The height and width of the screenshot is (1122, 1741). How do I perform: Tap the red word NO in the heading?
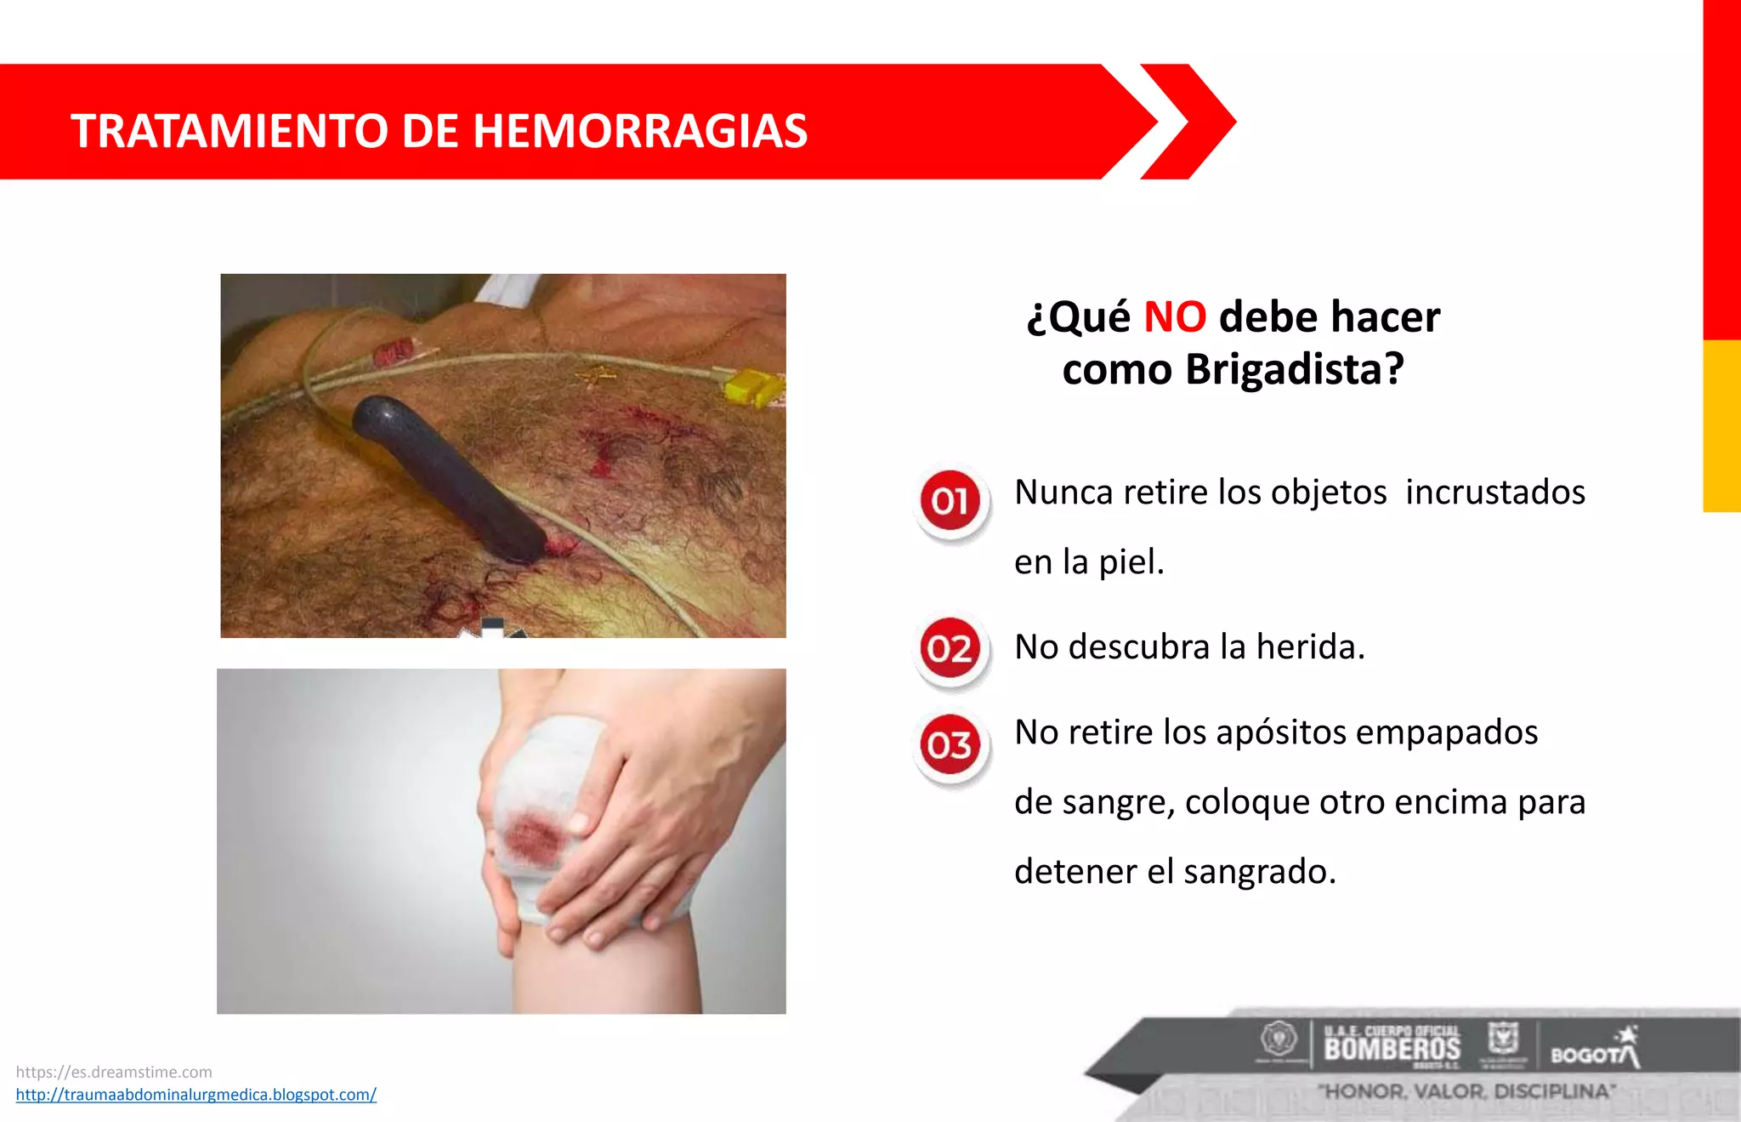point(1175,317)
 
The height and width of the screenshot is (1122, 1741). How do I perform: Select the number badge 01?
point(950,501)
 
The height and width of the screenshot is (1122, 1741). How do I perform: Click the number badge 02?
point(950,649)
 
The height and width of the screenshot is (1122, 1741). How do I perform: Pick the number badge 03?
point(950,746)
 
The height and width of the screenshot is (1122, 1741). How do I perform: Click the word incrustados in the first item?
point(1494,493)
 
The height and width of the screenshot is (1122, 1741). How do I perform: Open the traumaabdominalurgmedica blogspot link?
point(196,1095)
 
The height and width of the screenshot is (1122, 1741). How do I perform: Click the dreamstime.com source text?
point(114,1072)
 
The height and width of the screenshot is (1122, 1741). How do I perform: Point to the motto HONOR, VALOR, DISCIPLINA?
point(1466,1091)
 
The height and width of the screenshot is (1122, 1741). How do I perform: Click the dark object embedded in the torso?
point(449,476)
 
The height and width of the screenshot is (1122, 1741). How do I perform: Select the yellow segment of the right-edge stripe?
point(1721,425)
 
